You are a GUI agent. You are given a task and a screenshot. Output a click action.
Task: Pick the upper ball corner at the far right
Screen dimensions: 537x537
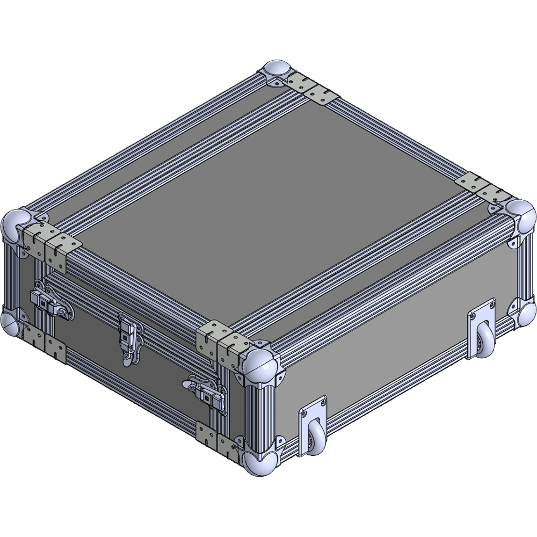(520, 215)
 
